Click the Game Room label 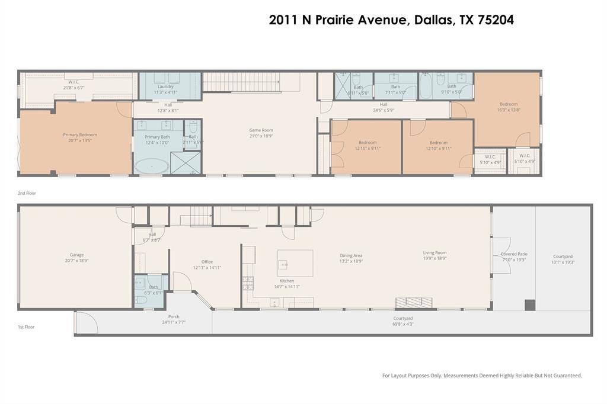tap(261, 130)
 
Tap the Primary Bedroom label tap(80, 134)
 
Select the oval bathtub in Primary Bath tap(151, 166)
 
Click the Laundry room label tap(165, 86)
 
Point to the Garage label tap(76, 255)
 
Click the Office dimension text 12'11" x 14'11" tap(207, 268)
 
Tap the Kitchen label tap(287, 281)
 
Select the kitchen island tap(295, 263)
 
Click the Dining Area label tap(351, 255)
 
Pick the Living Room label tap(435, 252)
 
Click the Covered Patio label tap(514, 254)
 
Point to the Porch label tap(174, 317)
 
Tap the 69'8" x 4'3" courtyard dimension tap(402, 324)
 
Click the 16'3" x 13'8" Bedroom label tap(508, 104)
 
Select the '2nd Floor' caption tap(27, 193)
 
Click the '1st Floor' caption tap(26, 327)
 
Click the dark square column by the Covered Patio tap(530, 305)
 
